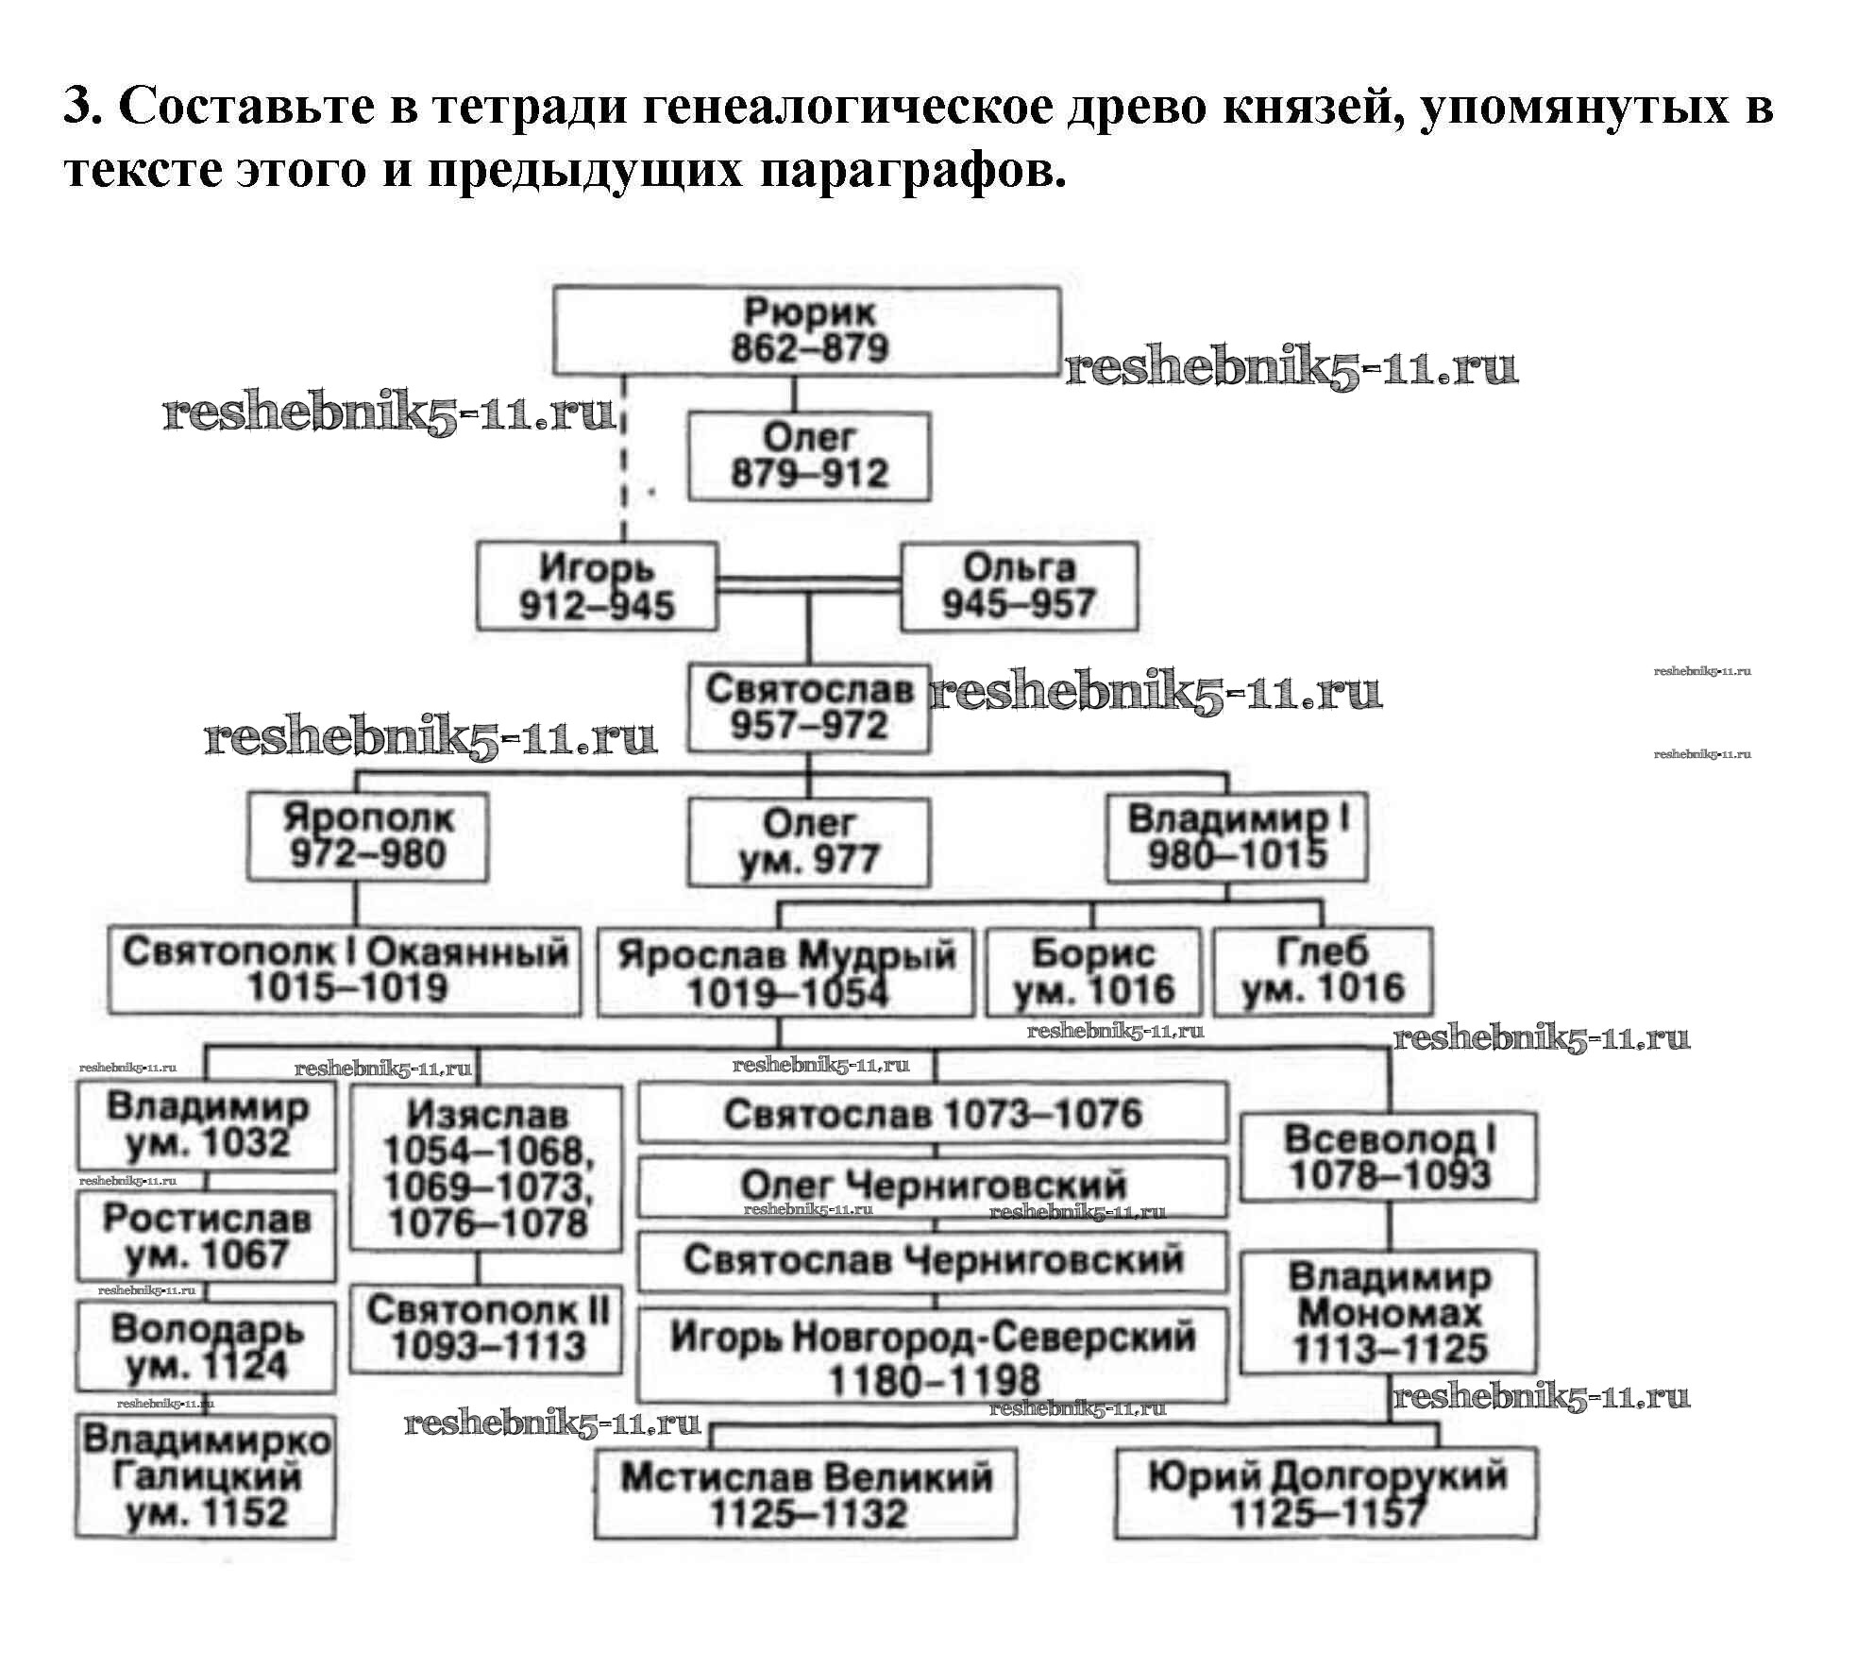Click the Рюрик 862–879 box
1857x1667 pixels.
tap(807, 330)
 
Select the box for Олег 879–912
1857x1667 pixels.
tap(809, 456)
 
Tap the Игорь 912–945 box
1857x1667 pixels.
tap(597, 586)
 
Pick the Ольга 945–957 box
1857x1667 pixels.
tap(1019, 586)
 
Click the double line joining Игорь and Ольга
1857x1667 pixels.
tap(809, 585)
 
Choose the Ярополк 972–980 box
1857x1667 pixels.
tap(367, 836)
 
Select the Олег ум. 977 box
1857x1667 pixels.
tap(809, 842)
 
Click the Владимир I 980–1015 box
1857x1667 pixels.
tap(1237, 836)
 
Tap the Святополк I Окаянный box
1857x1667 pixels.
tap(345, 970)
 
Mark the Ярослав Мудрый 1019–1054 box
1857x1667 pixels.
tap(785, 972)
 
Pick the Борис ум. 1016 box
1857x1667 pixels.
tap(1093, 972)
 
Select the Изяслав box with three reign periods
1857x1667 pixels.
tap(486, 1169)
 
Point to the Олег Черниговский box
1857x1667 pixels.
tap(933, 1187)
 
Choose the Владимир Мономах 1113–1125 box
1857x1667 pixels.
tap(1388, 1312)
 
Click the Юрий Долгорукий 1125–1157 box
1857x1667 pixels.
tap(1325, 1493)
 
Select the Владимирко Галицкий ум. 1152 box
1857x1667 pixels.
tap(206, 1477)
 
